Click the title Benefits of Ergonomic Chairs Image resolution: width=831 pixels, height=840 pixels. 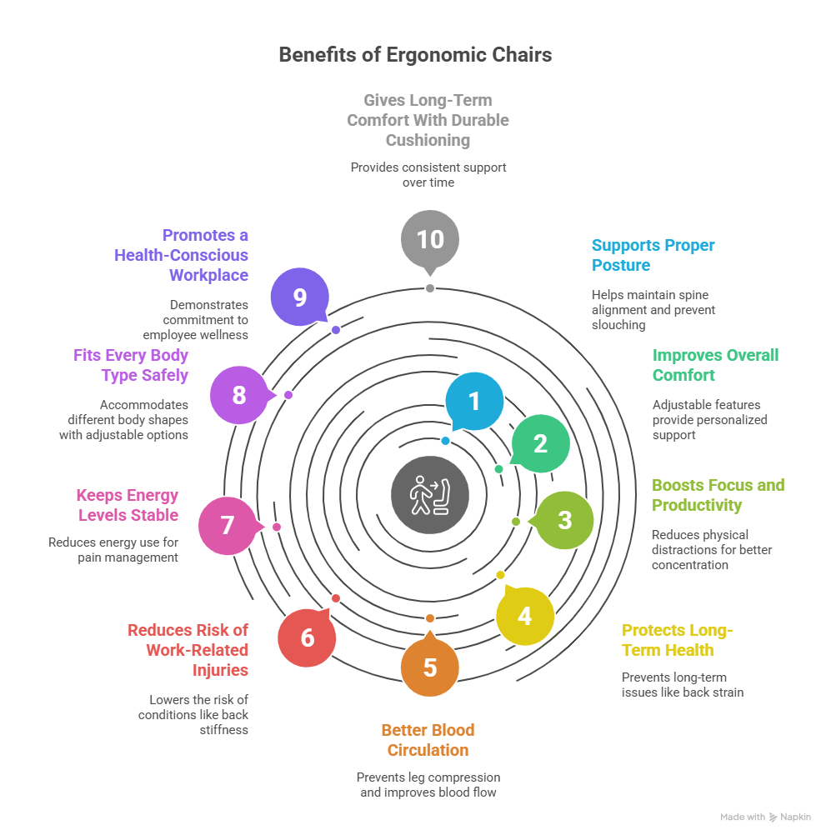[415, 56]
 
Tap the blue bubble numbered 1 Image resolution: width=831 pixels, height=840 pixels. [474, 401]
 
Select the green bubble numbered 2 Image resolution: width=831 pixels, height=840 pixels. [540, 443]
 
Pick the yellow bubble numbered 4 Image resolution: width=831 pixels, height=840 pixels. [524, 616]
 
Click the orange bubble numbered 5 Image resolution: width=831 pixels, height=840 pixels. [430, 667]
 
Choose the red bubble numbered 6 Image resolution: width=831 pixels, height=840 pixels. [307, 638]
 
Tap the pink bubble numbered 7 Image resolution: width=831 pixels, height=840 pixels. [228, 526]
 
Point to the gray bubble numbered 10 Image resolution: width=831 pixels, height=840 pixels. [430, 239]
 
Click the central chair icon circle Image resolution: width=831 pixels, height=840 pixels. [430, 495]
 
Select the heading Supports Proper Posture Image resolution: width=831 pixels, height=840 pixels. [653, 255]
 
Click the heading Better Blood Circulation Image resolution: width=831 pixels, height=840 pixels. [428, 740]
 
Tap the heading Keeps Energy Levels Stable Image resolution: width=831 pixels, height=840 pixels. [128, 505]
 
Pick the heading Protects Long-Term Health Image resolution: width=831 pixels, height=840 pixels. [677, 640]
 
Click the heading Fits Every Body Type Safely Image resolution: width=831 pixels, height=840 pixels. [131, 365]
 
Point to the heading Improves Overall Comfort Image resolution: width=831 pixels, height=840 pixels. [714, 365]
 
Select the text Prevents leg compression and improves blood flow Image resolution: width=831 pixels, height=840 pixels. [428, 784]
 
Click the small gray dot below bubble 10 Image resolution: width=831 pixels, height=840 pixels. [430, 288]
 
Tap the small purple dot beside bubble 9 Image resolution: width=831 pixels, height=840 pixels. [336, 330]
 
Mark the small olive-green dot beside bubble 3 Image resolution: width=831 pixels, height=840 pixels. [516, 522]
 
